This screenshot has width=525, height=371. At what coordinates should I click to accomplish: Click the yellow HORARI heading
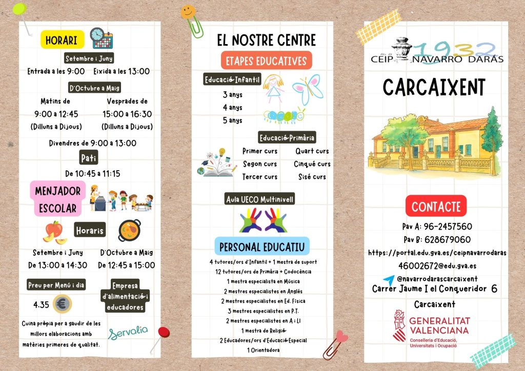62,40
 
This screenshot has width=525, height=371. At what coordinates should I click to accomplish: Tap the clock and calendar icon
101,38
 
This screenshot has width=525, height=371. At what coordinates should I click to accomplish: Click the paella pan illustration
129,231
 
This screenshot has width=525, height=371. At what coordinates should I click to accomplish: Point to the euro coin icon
62,304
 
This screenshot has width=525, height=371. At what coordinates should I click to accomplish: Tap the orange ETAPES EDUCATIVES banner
266,61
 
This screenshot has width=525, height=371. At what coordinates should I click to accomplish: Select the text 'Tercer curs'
259,177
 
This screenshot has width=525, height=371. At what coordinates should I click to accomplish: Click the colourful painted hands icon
263,220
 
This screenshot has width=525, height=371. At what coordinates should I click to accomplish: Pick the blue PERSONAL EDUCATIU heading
262,247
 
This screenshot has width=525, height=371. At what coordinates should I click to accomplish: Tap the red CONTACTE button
436,207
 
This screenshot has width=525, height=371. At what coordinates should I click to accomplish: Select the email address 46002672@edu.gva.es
437,265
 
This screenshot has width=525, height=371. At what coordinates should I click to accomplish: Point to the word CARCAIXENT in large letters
434,88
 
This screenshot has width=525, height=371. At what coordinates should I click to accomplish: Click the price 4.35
41,305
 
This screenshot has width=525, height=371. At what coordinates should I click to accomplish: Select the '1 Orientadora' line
263,350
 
